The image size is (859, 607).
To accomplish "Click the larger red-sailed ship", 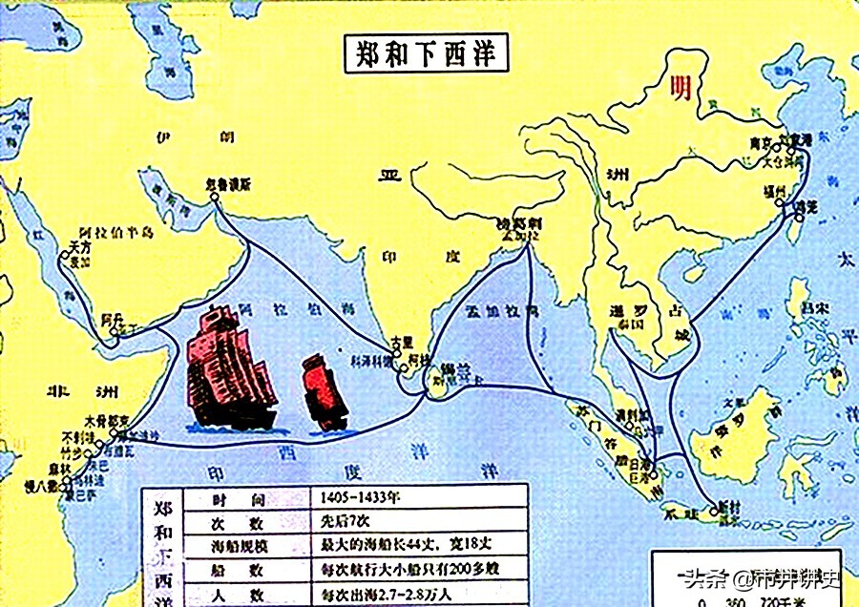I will point(231,367).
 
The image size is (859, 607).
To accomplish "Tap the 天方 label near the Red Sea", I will point(79,246).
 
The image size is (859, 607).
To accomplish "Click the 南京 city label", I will point(761,142).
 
